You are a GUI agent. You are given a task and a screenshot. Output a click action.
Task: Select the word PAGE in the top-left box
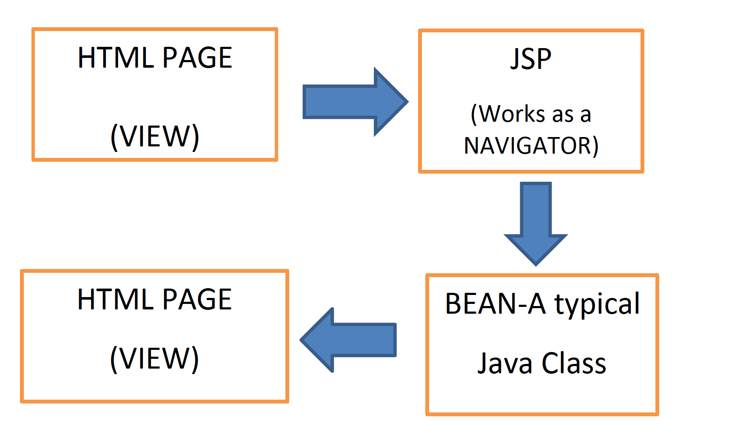click(197, 58)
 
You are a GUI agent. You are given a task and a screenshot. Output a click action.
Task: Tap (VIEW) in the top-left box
click(155, 137)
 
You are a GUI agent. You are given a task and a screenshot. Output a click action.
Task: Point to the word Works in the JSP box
click(508, 114)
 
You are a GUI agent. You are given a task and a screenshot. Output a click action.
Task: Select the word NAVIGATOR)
click(531, 146)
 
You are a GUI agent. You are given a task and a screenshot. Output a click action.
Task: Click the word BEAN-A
click(495, 304)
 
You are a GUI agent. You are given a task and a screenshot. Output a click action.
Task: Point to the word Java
click(505, 363)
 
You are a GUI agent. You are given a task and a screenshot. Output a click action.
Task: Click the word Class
click(574, 363)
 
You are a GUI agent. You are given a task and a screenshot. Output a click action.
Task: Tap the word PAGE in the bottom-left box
click(197, 299)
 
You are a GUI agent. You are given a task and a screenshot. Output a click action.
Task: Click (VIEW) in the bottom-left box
click(154, 359)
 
